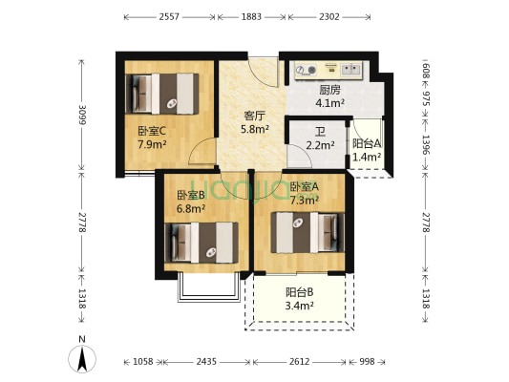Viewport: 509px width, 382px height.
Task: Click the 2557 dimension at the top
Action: coord(169,16)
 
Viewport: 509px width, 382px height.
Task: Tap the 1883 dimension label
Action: coord(251,16)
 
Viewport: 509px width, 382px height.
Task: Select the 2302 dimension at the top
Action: coord(329,16)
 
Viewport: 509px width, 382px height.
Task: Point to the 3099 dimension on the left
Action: coord(81,115)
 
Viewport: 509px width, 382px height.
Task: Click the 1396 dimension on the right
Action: coord(426,144)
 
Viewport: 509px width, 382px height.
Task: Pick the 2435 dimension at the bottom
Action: coord(206,362)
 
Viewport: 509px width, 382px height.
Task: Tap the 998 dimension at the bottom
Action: coord(367,362)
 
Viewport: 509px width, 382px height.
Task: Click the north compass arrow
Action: coord(82,359)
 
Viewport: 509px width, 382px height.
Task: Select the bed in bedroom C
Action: coord(162,94)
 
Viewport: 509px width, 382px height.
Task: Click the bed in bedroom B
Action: coord(201,243)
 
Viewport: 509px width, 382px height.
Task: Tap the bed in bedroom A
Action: coord(308,232)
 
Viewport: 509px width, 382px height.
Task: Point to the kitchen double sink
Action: coord(351,69)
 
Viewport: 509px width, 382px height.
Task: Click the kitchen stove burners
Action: coord(306,70)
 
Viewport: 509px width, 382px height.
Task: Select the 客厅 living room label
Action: coord(254,116)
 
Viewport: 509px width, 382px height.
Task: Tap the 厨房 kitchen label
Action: coord(329,90)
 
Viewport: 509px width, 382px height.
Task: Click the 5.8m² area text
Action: coord(254,129)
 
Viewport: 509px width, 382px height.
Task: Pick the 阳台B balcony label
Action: coord(299,292)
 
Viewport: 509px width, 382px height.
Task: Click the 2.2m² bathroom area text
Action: coord(321,145)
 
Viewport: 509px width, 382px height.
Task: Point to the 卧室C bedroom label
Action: coord(152,131)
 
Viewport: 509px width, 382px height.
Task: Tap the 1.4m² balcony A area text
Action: coord(367,157)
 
